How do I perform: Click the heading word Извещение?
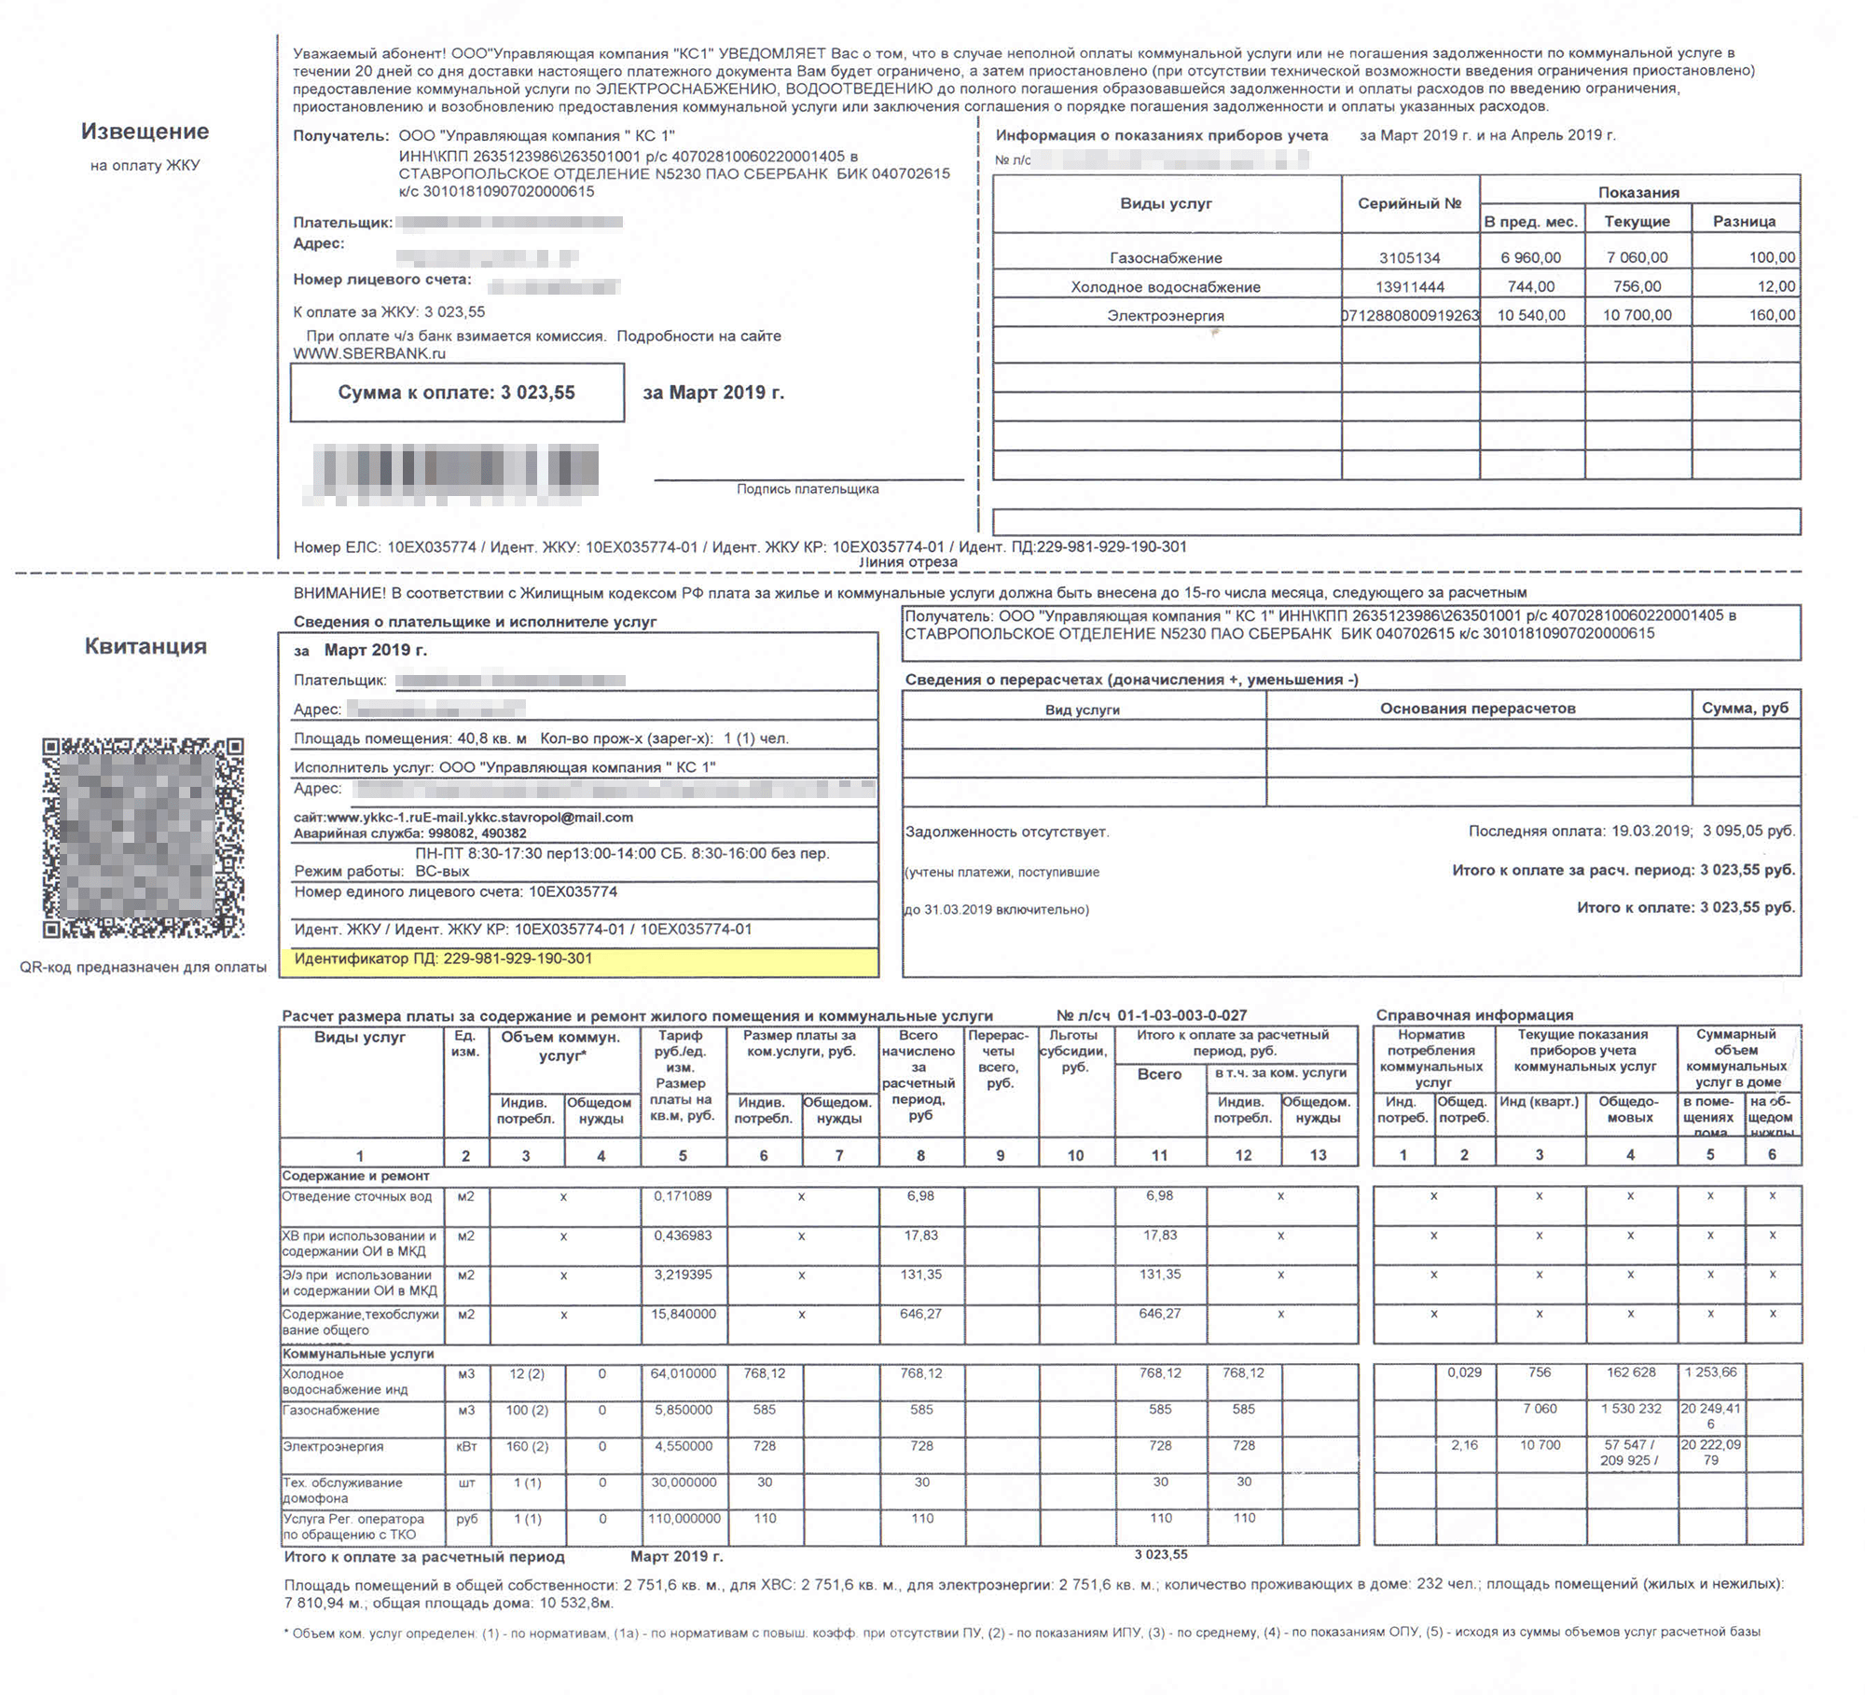(145, 131)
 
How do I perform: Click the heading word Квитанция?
(145, 646)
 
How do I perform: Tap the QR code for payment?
(143, 837)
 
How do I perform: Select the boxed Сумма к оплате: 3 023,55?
(456, 393)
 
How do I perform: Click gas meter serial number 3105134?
(1409, 257)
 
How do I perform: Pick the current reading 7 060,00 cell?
(1637, 257)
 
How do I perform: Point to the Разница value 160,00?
(1772, 315)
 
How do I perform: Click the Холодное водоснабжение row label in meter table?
(1166, 287)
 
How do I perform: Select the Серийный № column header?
(1409, 203)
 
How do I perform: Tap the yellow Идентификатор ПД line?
(443, 958)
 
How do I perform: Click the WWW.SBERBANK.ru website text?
(369, 354)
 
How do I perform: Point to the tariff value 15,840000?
(684, 1314)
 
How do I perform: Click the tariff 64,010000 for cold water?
(684, 1373)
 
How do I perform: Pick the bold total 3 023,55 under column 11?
(1161, 1554)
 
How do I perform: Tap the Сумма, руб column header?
(1745, 708)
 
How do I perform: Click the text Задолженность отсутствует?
(1007, 832)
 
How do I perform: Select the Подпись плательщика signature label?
(808, 489)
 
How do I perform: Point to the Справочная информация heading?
(1474, 1015)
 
